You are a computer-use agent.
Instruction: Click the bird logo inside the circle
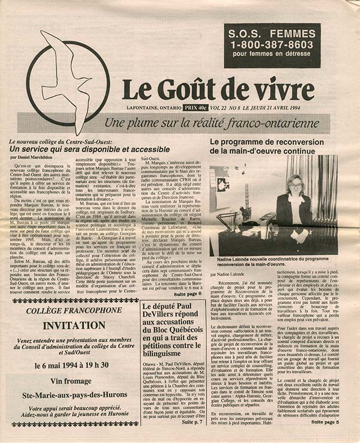66,78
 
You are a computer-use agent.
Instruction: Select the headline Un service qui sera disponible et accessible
80,150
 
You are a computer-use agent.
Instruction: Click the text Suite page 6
189,293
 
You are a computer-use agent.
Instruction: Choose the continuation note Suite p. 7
192,422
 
